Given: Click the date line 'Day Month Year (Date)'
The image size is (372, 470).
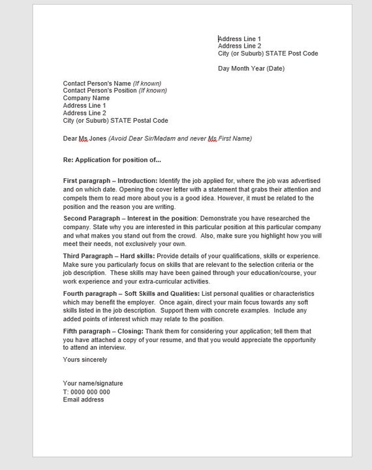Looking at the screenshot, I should click(x=251, y=69).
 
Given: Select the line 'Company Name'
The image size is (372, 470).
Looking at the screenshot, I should click(x=82, y=98).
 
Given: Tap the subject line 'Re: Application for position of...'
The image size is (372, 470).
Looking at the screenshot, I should click(x=112, y=159).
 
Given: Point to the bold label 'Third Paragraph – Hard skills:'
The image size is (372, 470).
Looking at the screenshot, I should click(x=109, y=255).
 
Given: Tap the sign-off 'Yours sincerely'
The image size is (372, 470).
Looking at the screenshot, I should click(x=85, y=360).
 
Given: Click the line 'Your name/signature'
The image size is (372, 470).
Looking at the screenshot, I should click(x=93, y=383).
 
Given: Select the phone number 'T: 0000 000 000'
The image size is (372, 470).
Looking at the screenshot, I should click(x=86, y=392).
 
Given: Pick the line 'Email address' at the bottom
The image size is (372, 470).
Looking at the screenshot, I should click(x=83, y=399).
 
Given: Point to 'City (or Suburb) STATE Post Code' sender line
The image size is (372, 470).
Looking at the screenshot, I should click(x=268, y=54).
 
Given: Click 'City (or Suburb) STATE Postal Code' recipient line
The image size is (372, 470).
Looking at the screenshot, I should click(x=116, y=121).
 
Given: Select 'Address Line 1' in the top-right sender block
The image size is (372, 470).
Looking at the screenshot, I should click(x=240, y=39).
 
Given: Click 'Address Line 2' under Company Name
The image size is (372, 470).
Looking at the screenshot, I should click(x=84, y=113).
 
